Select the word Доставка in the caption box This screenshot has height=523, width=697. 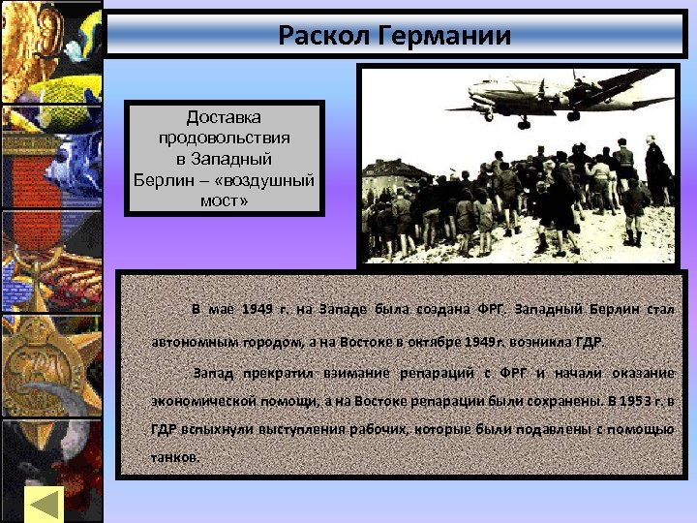[x=224, y=118]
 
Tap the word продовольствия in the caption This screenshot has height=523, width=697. [x=224, y=138]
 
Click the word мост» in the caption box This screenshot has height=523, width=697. [x=224, y=201]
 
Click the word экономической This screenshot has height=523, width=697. [x=204, y=399]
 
